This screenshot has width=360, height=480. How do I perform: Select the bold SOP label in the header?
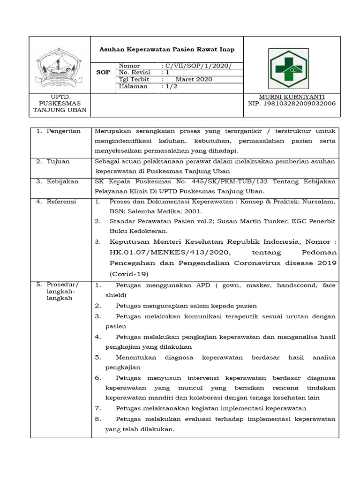(103, 72)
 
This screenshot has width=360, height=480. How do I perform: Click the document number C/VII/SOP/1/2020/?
(196, 66)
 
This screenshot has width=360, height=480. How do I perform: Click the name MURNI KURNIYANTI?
(291, 97)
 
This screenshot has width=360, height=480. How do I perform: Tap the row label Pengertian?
(63, 131)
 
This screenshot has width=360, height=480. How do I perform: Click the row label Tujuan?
(58, 161)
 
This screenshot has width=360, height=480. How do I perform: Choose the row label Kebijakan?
(62, 181)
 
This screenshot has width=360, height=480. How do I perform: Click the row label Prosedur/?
(63, 285)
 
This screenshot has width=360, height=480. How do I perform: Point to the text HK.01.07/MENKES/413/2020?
(169, 253)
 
